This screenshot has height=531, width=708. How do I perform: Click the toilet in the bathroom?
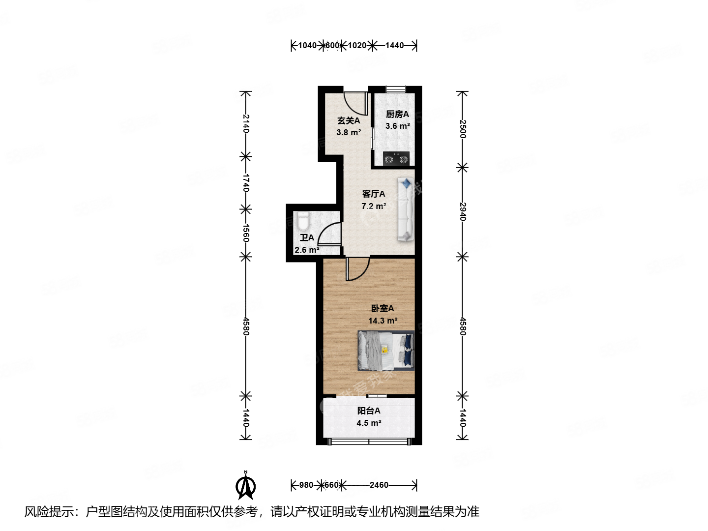pyautogui.click(x=303, y=222)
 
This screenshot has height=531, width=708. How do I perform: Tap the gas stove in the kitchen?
pyautogui.click(x=396, y=159)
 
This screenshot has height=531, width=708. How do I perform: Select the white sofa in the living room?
pyautogui.click(x=406, y=209)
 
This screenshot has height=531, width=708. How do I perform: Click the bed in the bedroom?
pyautogui.click(x=385, y=351)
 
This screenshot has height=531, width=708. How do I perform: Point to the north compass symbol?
pyautogui.click(x=245, y=485)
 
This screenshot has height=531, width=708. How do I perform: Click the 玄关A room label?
pyautogui.click(x=349, y=120)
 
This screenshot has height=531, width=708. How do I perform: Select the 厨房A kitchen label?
pyautogui.click(x=397, y=114)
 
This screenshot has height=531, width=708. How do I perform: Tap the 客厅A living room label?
pyautogui.click(x=374, y=194)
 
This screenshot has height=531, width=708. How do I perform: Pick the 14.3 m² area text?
pyautogui.click(x=383, y=321)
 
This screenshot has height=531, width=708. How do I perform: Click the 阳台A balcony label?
pyautogui.click(x=369, y=411)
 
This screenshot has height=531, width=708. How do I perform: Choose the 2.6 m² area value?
pyautogui.click(x=307, y=250)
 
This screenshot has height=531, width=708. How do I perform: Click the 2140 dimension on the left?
pyautogui.click(x=246, y=124)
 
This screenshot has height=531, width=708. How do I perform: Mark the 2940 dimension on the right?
pyautogui.click(x=462, y=211)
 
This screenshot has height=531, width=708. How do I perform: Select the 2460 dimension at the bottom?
pyautogui.click(x=379, y=485)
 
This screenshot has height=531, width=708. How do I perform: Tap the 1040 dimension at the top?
pyautogui.click(x=307, y=45)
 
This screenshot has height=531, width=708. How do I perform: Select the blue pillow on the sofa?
pyautogui.click(x=406, y=183)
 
